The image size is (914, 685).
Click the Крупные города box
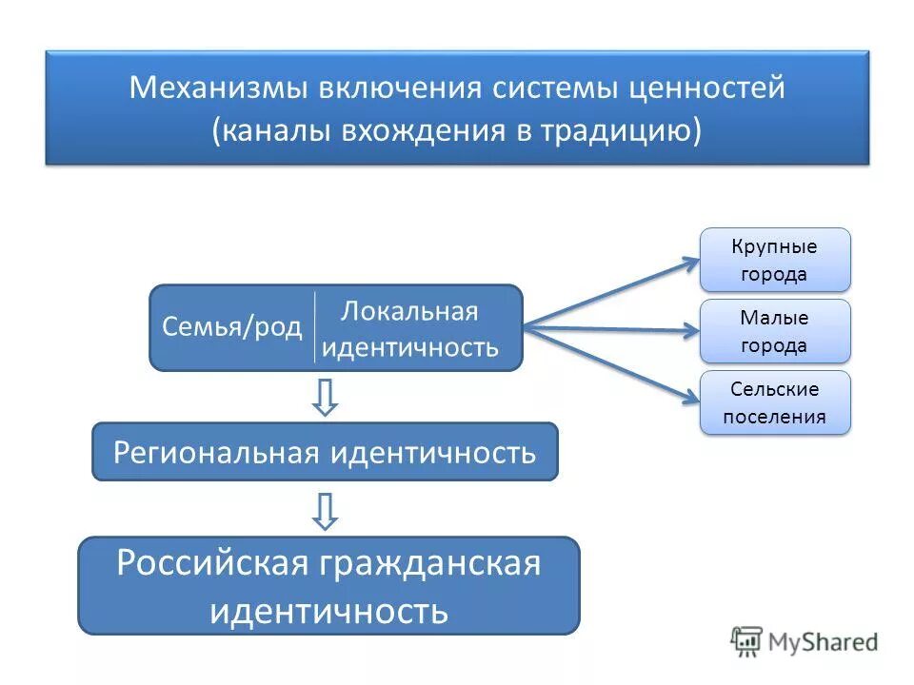pyautogui.click(x=775, y=260)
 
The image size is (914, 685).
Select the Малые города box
pyautogui.click(x=775, y=331)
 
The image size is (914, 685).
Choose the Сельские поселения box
pyautogui.click(x=775, y=402)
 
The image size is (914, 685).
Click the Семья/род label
pyautogui.click(x=231, y=328)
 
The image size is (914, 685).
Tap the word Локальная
pyautogui.click(x=409, y=311)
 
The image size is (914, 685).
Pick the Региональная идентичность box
pyautogui.click(x=325, y=452)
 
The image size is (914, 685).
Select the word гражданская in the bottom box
pyautogui.click(x=429, y=563)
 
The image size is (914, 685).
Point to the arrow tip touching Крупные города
pyautogui.click(x=696, y=260)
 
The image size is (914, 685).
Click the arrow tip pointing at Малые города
pyautogui.click(x=696, y=331)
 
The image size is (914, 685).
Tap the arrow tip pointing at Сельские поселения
pyautogui.click(x=696, y=400)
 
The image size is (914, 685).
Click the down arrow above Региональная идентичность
pyautogui.click(x=326, y=398)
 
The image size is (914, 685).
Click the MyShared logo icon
pyautogui.click(x=746, y=641)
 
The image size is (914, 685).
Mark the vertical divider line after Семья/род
pyautogui.click(x=315, y=327)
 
